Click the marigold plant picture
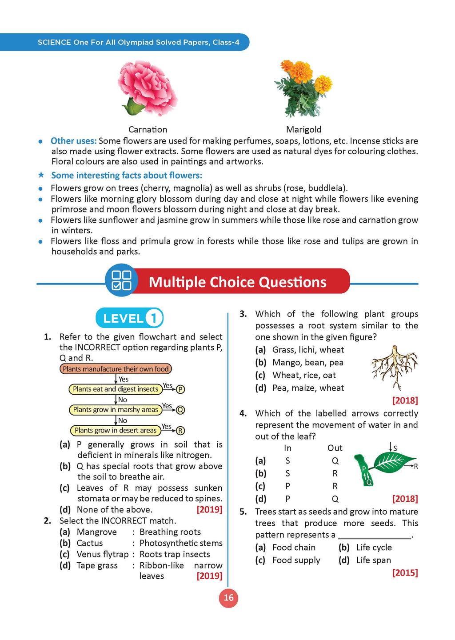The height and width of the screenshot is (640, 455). click(303, 89)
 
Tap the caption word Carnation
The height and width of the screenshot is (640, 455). click(148, 129)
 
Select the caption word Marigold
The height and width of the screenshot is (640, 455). click(303, 129)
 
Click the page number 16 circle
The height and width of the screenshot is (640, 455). click(228, 598)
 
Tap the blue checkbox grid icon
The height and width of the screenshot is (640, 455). click(121, 280)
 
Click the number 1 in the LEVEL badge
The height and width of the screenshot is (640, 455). click(154, 318)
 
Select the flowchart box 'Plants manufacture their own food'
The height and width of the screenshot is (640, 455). click(116, 369)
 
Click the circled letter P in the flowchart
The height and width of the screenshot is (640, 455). click(180, 389)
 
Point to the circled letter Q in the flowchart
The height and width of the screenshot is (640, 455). click(180, 410)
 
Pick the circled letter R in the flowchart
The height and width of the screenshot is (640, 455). click(180, 430)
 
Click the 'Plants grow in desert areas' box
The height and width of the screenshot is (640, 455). click(116, 430)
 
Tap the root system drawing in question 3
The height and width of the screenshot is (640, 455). click(394, 367)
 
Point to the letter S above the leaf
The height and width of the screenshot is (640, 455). click(395, 448)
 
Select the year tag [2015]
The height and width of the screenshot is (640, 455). click(405, 573)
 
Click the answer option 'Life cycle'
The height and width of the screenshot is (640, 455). click(374, 548)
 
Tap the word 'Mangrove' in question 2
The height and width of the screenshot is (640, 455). click(97, 532)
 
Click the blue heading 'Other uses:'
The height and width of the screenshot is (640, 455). click(73, 141)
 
